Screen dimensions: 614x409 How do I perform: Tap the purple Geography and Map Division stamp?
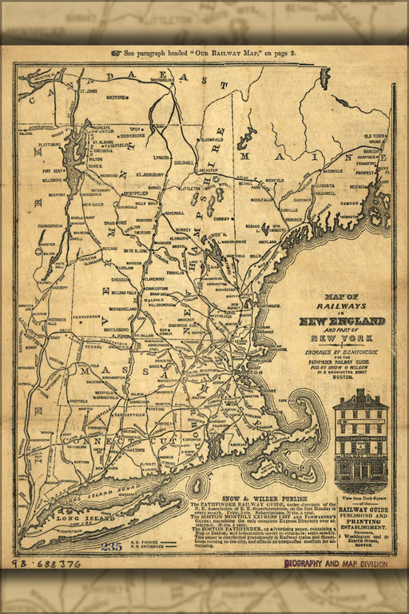tap(336, 564)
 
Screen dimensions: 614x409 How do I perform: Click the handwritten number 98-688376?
tap(47, 564)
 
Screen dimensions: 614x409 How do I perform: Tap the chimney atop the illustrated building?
tap(360, 393)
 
